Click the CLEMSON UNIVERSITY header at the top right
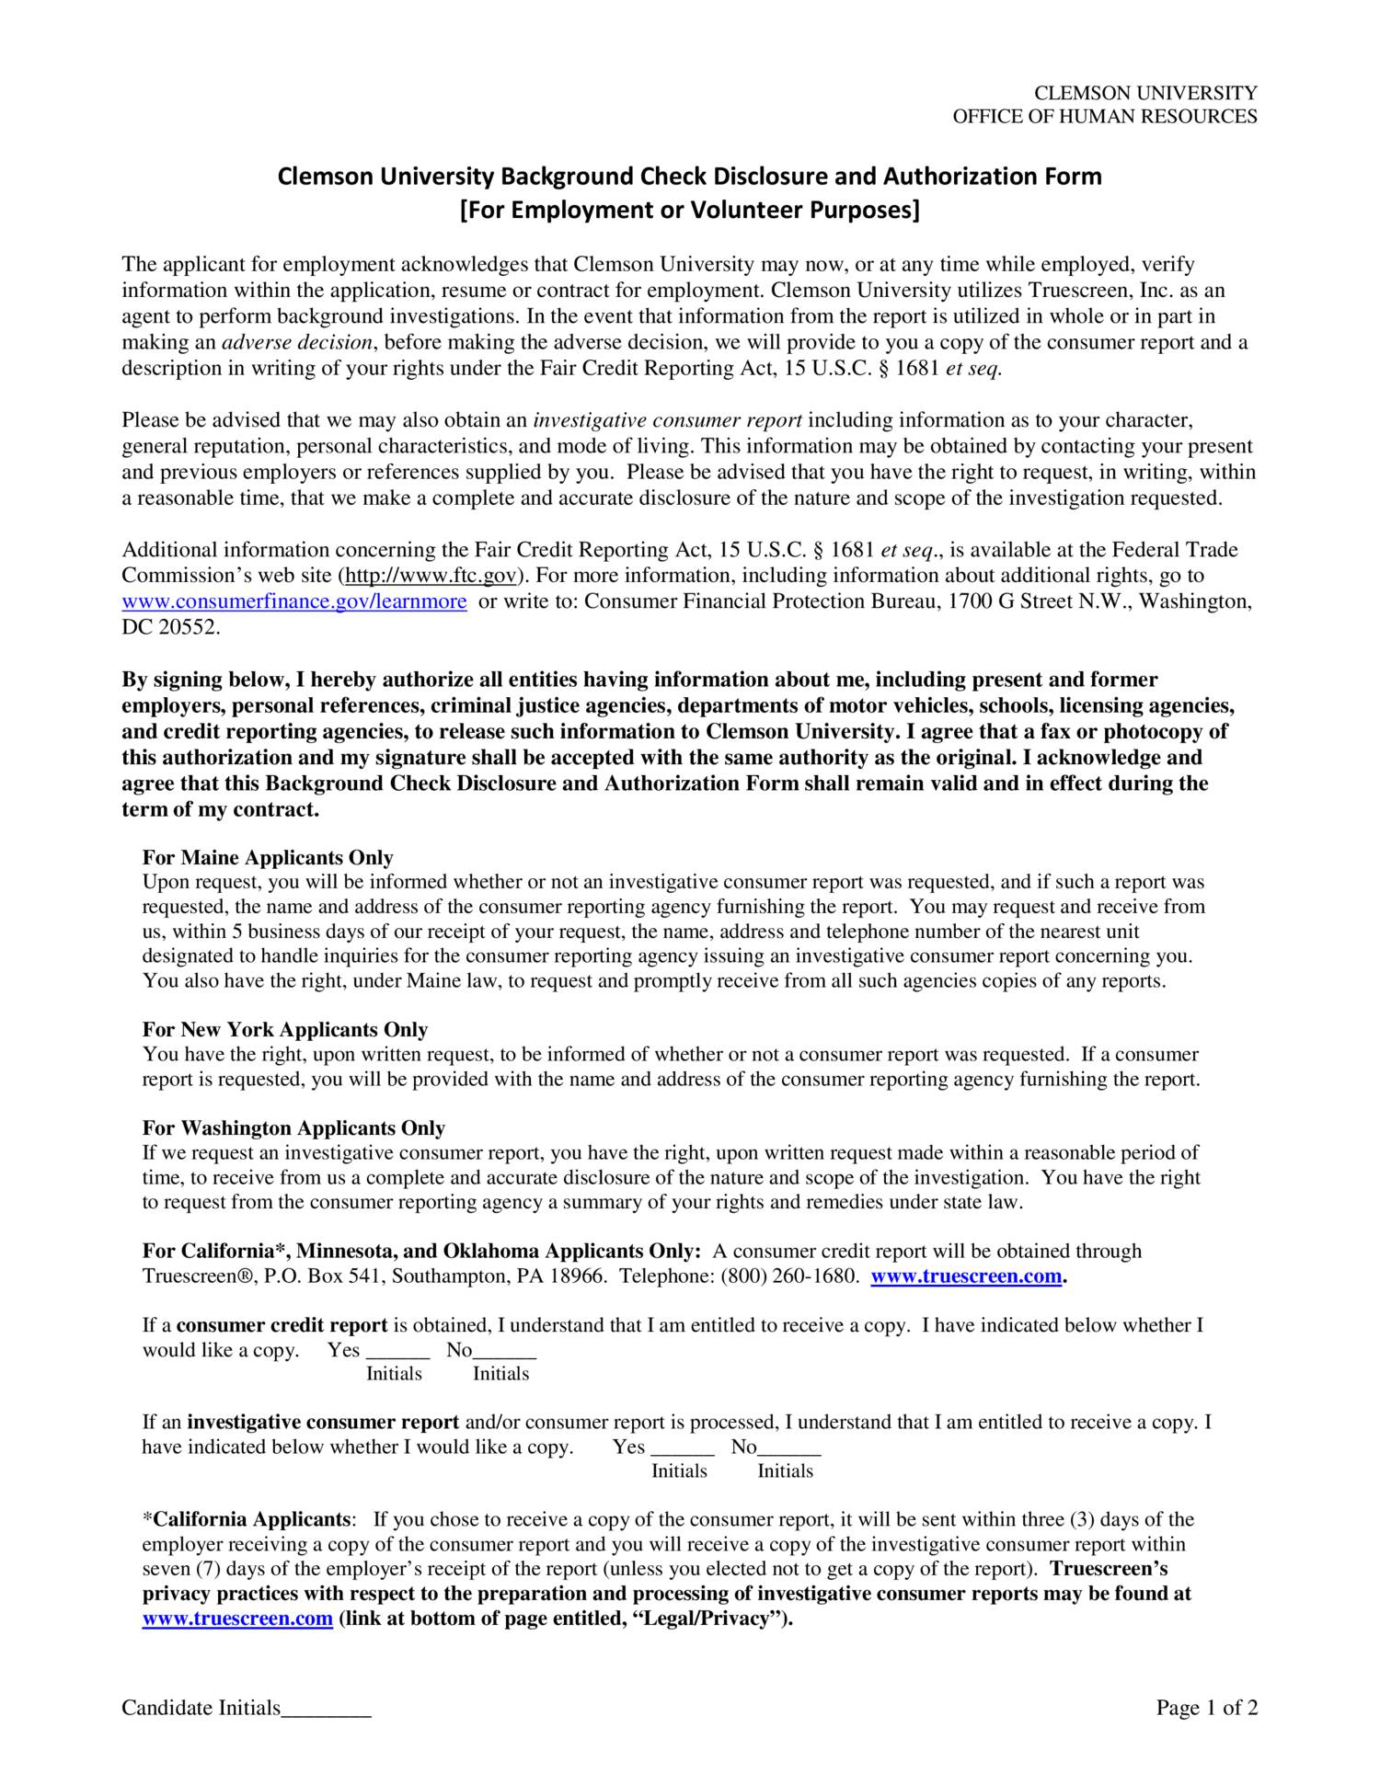pos(1145,93)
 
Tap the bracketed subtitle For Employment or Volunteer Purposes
pos(689,211)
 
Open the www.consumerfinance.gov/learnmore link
pos(294,601)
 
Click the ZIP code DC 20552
pos(171,627)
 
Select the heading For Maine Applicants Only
pos(268,857)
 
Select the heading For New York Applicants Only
pos(285,1029)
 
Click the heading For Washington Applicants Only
pos(293,1127)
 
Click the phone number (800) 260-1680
pos(789,1276)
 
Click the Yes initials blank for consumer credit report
pos(397,1352)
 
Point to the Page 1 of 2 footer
pos(1206,1709)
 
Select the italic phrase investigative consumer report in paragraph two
pos(668,420)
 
